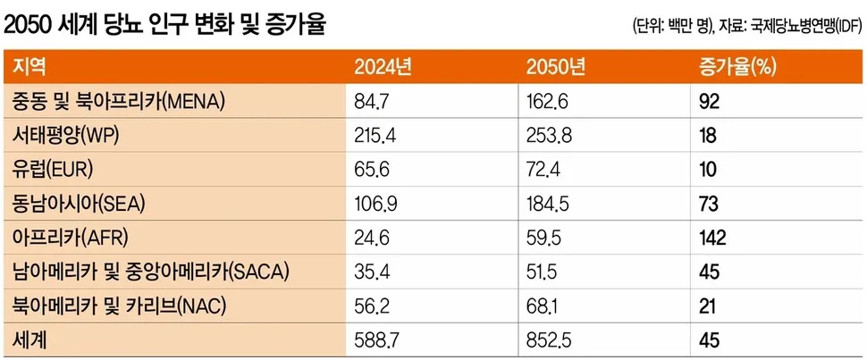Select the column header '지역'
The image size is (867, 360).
point(29,67)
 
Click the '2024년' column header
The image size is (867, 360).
point(383,67)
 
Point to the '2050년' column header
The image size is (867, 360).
point(556,67)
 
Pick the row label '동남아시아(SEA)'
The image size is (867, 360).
point(80,204)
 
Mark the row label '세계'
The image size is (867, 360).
point(29,340)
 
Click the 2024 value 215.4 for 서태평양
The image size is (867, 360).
point(377,136)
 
